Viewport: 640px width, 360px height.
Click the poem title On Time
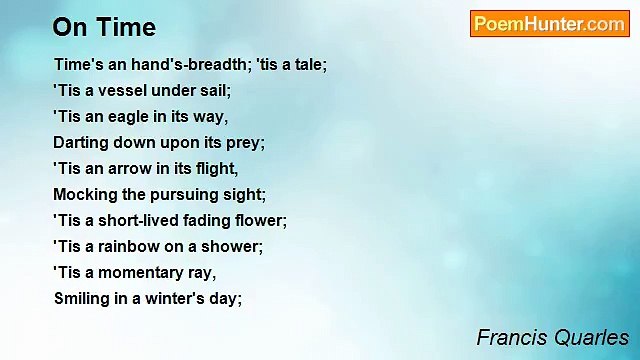(x=104, y=26)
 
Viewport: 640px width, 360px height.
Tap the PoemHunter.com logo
(x=549, y=24)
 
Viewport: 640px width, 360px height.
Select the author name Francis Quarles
(x=552, y=337)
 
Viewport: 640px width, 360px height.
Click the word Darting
(x=80, y=142)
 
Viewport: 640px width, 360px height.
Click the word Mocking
(x=84, y=194)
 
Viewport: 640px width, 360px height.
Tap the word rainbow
(x=134, y=246)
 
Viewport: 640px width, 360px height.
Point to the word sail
(x=216, y=90)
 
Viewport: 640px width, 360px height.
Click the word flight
(x=217, y=168)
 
